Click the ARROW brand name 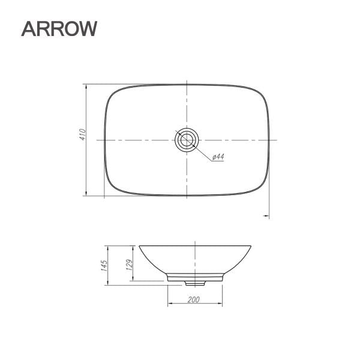coord(58,28)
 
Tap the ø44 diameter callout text coord(218,157)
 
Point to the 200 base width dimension coord(194,299)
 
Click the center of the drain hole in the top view coord(187,140)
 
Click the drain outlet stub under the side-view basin coord(195,282)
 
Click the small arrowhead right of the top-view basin coord(268,216)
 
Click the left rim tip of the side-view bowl coord(140,245)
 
